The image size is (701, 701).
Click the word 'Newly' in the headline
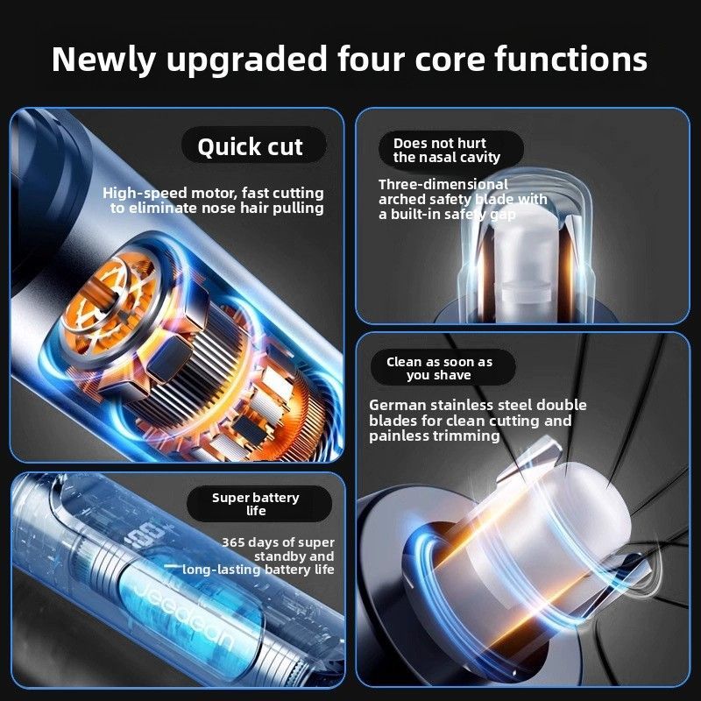pyautogui.click(x=103, y=60)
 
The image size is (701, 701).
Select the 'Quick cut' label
pyautogui.click(x=251, y=146)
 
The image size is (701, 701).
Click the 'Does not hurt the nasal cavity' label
pyautogui.click(x=447, y=150)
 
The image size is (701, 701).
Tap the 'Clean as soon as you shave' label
pyautogui.click(x=440, y=368)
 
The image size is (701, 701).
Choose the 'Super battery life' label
pyautogui.click(x=256, y=504)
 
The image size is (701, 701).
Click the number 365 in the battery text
pyautogui.click(x=233, y=542)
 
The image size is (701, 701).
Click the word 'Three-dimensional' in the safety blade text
pyautogui.click(x=443, y=184)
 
